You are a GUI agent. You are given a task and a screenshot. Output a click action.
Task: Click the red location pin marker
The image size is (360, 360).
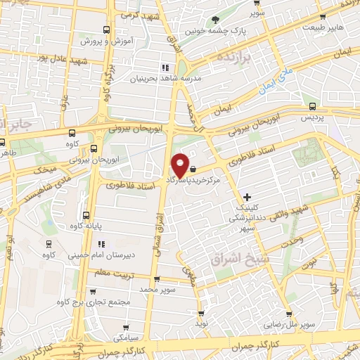[x=180, y=165]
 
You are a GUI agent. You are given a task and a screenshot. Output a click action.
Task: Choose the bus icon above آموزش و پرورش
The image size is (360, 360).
[x=106, y=30]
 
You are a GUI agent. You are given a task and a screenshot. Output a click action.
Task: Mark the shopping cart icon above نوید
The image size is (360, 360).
[x=202, y=314]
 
